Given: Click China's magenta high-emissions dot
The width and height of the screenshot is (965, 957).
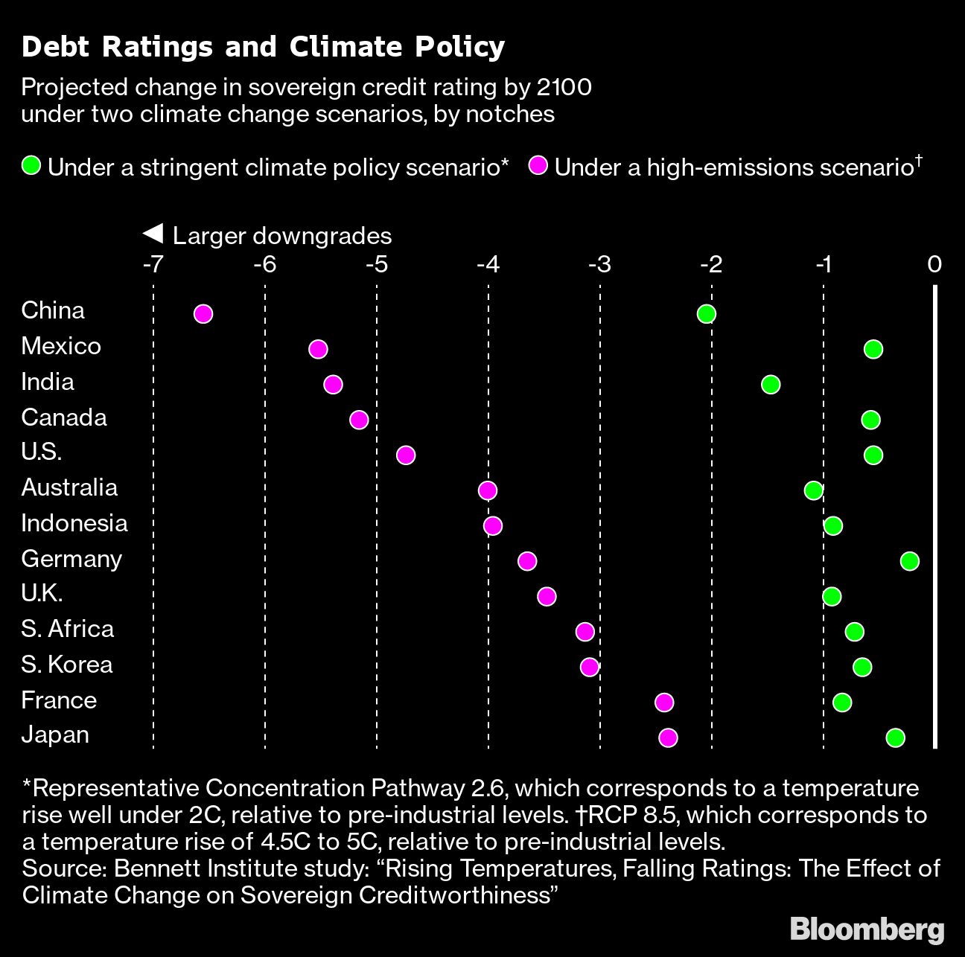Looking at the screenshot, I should tap(203, 314).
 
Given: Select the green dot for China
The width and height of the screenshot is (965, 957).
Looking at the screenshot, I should tap(707, 314).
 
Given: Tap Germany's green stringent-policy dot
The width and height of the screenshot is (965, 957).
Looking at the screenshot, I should tap(909, 561).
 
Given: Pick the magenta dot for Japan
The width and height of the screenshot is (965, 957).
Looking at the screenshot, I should tap(668, 738).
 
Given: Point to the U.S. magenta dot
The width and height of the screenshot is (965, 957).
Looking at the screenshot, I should tap(405, 455).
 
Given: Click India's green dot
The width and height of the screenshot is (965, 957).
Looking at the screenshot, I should tap(771, 385).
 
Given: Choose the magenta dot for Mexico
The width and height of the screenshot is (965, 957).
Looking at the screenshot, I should tap(318, 349).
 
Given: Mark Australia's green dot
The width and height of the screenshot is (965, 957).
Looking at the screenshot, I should tap(813, 490).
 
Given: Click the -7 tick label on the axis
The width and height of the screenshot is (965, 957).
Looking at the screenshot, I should tap(153, 265).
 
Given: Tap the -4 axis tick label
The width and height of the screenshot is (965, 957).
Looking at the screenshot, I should tap(488, 265).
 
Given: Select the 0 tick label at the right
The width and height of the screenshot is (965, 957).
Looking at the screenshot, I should tap(935, 265).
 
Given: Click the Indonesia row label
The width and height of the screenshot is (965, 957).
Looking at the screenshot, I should tap(74, 523).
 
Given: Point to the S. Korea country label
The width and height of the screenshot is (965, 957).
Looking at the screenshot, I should tap(67, 665).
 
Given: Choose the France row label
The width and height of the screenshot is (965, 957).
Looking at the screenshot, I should tap(59, 700).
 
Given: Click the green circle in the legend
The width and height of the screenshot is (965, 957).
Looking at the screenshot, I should tap(31, 166).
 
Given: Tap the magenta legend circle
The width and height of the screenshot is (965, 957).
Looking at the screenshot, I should tap(538, 166).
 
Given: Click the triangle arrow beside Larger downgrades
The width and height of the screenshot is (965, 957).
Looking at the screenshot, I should tap(153, 234).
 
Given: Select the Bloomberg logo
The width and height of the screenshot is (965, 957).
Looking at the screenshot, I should tap(867, 929).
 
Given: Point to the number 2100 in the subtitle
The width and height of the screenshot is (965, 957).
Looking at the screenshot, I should tap(564, 88).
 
